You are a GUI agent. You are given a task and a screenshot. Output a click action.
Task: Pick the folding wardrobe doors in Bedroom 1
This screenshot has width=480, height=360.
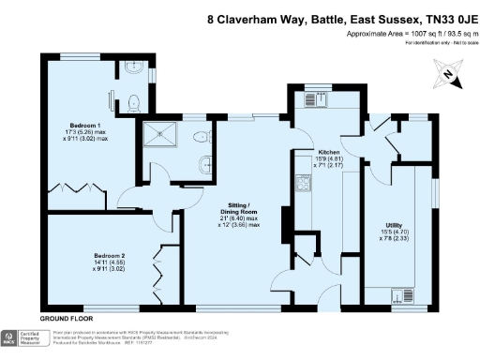coord(84,187)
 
